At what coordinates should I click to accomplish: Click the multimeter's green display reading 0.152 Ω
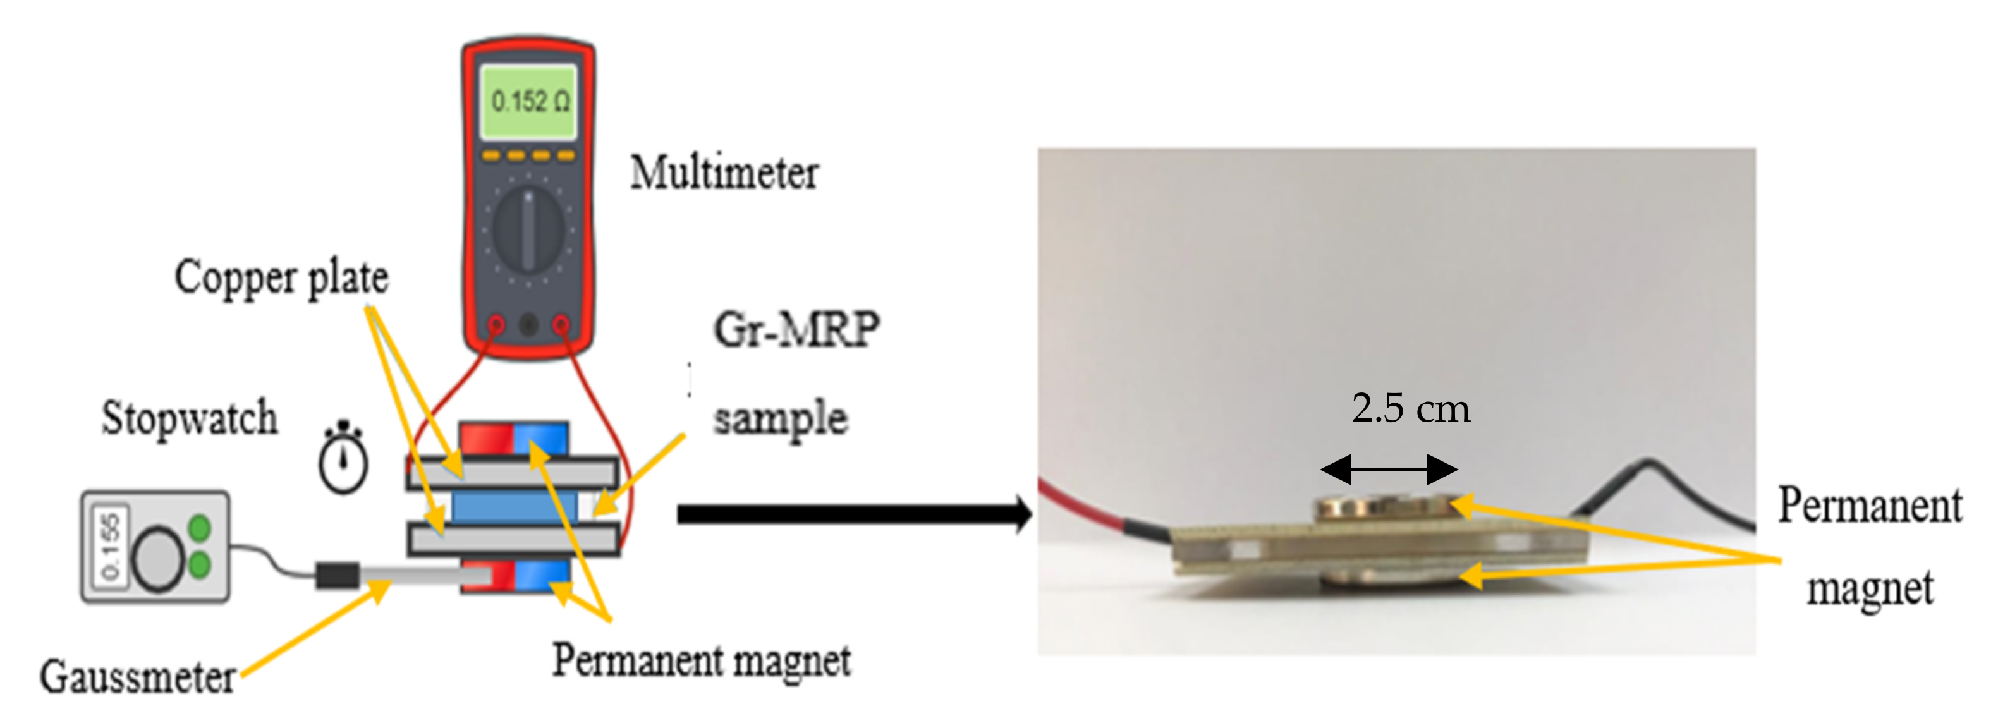528,101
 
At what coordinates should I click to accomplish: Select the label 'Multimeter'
724,173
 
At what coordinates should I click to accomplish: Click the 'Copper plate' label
281,277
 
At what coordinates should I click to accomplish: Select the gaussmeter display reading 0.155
110,546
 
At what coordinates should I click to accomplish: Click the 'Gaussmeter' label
138,677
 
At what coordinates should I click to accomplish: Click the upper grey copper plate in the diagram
512,473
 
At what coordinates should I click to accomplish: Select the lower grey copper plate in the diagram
512,539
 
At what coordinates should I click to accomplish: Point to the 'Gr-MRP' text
796,329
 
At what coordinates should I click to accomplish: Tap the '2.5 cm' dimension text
1411,409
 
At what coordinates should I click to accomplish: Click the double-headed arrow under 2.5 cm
1389,470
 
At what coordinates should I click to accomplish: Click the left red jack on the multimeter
496,324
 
